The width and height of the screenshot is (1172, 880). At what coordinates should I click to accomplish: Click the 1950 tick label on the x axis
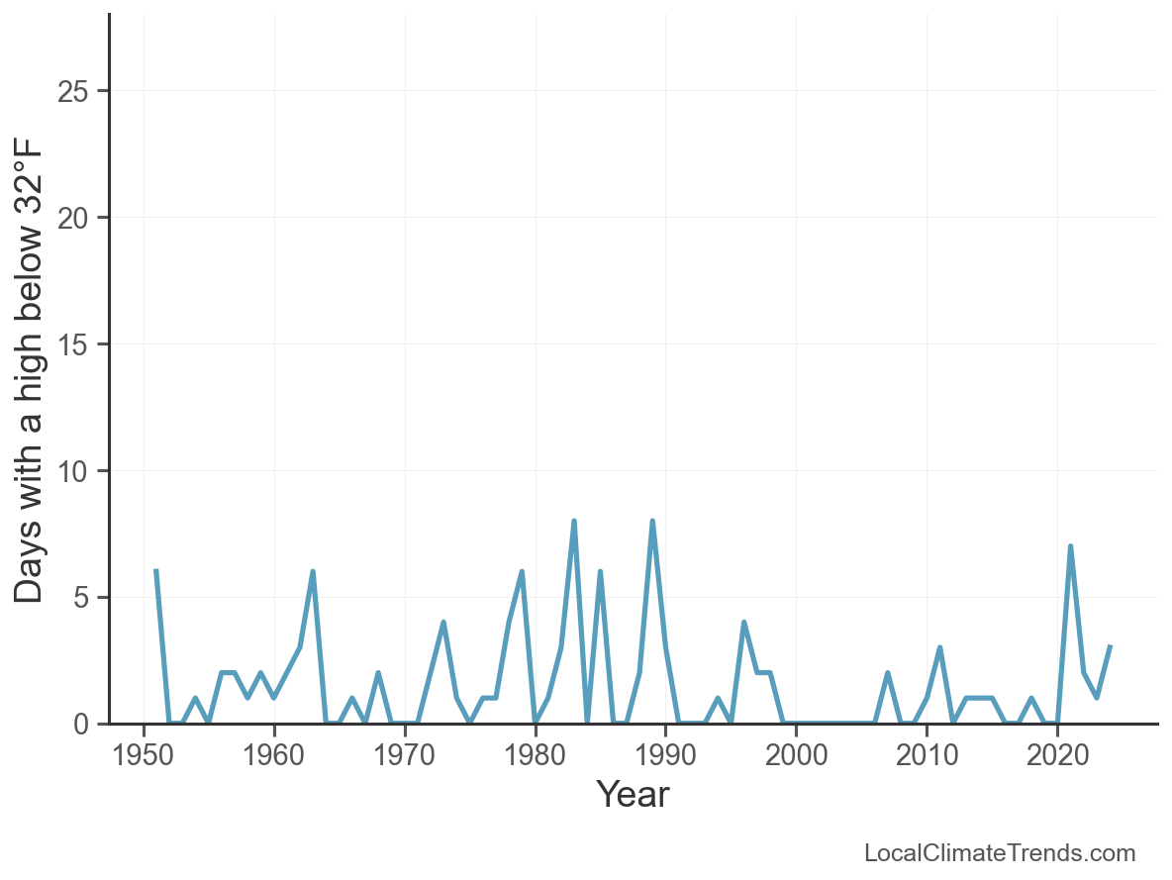144,755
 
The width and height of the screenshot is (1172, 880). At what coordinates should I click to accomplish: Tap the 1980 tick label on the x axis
535,755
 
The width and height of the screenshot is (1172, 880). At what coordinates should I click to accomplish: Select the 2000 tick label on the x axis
796,755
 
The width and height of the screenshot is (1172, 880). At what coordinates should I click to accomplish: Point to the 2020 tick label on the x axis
1057,755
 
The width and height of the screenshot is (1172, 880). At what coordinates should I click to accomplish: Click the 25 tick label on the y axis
75,91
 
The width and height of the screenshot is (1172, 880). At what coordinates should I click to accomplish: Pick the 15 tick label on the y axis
75,344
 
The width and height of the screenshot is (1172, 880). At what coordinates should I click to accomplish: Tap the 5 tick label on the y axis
83,598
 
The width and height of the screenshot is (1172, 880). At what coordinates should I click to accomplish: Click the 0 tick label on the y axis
83,725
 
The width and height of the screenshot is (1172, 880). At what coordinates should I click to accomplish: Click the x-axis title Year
633,794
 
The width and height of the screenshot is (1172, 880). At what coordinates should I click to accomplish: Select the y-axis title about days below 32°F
30,370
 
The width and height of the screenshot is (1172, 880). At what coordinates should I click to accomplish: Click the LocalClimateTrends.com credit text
1000,853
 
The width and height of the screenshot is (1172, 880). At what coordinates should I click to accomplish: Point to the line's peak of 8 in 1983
574,522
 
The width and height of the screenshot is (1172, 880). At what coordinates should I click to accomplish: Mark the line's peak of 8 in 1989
652,522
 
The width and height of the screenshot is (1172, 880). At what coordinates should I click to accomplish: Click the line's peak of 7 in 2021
1071,546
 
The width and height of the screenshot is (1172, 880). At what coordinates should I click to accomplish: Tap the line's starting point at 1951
156,572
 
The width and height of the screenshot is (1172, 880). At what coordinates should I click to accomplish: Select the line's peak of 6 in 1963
313,572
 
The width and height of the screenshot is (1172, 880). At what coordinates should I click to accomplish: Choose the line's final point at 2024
1110,647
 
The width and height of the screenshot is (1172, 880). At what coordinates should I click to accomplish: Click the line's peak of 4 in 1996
743,623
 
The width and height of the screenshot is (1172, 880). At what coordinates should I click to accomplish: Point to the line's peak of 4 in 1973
443,623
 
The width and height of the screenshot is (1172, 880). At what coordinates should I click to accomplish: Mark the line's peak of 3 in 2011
939,647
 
